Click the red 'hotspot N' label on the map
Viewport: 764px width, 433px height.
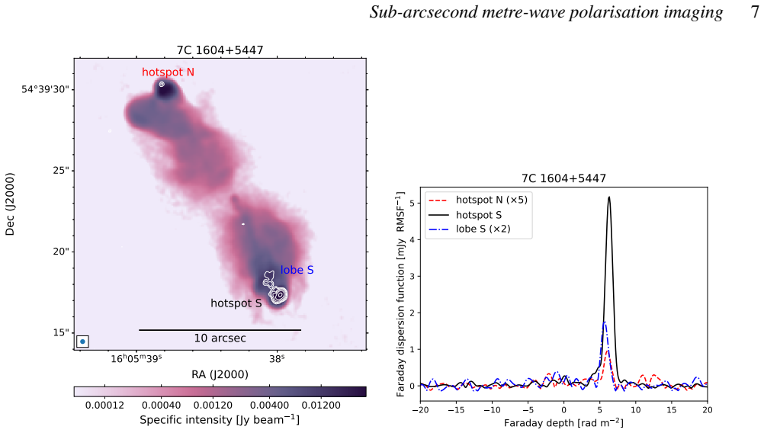[x=168, y=72]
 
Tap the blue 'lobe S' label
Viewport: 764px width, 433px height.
[x=297, y=270]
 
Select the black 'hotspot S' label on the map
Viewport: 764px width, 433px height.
[x=236, y=303]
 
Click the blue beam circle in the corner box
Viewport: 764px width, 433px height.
[x=83, y=342]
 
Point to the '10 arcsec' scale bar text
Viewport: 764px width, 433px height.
[x=220, y=338]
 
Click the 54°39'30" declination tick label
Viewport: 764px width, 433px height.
[x=45, y=89]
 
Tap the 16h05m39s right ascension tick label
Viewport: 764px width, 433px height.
[x=136, y=359]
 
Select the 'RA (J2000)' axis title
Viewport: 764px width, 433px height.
[x=220, y=374]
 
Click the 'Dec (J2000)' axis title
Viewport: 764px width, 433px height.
[x=10, y=204]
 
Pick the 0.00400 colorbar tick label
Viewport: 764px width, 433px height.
[x=269, y=406]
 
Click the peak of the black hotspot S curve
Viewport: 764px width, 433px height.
[x=609, y=197]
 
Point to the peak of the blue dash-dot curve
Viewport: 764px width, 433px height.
[x=605, y=322]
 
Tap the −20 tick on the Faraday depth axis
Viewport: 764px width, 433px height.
[x=420, y=410]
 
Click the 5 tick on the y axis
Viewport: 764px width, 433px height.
[x=412, y=203]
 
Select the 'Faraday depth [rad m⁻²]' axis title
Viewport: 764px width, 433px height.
[x=563, y=423]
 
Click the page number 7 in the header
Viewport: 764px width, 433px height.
[x=755, y=12]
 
